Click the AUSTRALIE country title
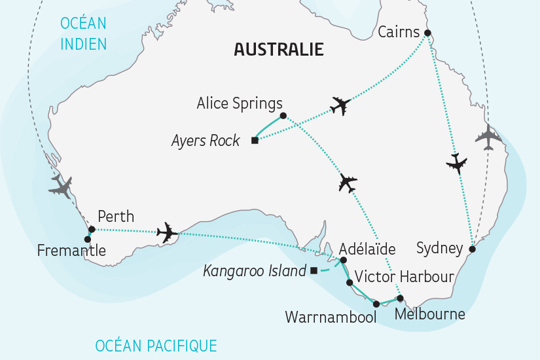[279, 50]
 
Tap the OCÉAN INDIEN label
[83, 33]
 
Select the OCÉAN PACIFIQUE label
[156, 345]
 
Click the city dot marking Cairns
[427, 33]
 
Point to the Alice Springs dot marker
[283, 116]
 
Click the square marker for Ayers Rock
[255, 140]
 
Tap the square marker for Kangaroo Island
[314, 270]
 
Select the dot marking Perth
[92, 229]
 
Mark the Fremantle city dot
[88, 239]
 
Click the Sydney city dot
[472, 249]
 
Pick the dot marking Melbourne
[400, 298]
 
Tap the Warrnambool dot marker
[376, 304]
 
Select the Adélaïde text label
[367, 249]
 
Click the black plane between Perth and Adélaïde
[168, 232]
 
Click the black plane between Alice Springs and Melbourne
[348, 183]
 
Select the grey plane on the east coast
[488, 137]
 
